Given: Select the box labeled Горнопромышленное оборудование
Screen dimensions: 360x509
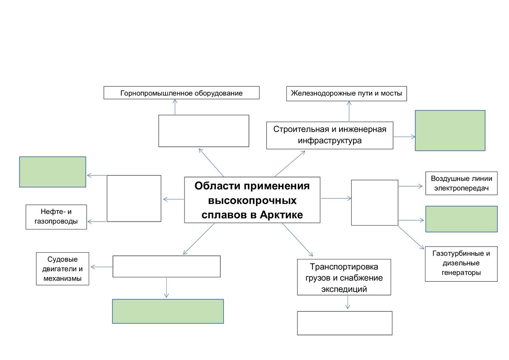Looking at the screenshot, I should [181, 93].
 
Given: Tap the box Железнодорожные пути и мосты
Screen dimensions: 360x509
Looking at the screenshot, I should [346, 93].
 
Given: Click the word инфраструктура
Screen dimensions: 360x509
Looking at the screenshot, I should [330, 140].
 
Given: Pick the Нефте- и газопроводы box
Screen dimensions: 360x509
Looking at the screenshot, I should [56, 217].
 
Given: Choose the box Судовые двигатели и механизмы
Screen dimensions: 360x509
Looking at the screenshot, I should [62, 269].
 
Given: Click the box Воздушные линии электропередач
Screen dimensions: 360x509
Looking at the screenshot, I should [461, 183].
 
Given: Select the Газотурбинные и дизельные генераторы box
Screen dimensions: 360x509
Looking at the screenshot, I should [461, 264].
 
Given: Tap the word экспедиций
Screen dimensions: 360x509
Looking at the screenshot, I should [344, 289].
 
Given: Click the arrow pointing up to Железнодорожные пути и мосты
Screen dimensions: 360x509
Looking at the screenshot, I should [349, 111].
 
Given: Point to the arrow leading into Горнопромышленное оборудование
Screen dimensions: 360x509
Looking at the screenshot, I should [175, 107].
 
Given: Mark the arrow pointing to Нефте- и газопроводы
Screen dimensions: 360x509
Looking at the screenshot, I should [97, 222].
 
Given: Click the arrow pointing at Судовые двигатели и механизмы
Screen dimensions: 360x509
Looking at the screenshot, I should [101, 267].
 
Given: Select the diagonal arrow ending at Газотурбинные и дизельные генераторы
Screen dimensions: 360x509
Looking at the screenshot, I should [411, 237].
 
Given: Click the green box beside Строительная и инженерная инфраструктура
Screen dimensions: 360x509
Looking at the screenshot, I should [450, 130].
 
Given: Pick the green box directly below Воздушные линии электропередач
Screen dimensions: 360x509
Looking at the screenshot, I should [461, 219].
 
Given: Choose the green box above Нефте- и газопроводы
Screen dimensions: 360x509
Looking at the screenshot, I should [52, 172].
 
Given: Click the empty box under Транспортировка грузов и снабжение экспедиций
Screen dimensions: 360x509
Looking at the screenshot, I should [344, 323].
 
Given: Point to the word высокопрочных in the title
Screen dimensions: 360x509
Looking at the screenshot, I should [252, 200].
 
